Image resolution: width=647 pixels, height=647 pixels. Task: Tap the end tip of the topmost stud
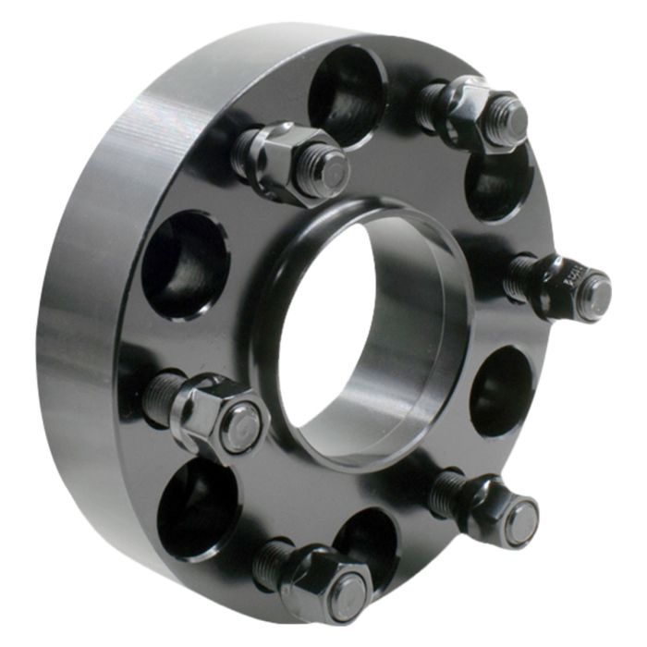tap(507, 121)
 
